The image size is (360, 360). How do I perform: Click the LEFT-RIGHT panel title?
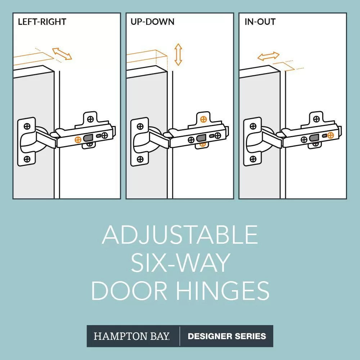[42, 22]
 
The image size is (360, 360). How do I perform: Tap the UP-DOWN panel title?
[152, 22]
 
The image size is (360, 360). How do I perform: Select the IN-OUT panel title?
[260, 22]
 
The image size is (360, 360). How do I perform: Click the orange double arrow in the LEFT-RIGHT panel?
[62, 54]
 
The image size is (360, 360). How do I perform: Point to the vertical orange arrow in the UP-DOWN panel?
[178, 54]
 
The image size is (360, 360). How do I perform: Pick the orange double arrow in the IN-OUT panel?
[268, 56]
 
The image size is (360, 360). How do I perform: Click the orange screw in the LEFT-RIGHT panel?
[78, 139]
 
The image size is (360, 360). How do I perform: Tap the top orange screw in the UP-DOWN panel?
[203, 119]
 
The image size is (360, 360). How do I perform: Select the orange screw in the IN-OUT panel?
[330, 135]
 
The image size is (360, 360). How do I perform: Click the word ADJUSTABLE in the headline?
[180, 235]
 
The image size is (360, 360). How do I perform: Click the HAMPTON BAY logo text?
[131, 336]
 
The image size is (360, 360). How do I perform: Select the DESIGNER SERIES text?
[227, 336]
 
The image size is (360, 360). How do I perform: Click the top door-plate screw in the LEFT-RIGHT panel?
[27, 126]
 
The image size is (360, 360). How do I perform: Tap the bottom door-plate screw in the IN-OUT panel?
[253, 159]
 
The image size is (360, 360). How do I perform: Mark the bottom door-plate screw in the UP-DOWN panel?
[140, 159]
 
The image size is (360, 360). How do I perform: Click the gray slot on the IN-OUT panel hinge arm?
[314, 138]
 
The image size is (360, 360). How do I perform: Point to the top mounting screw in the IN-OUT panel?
[316, 119]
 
